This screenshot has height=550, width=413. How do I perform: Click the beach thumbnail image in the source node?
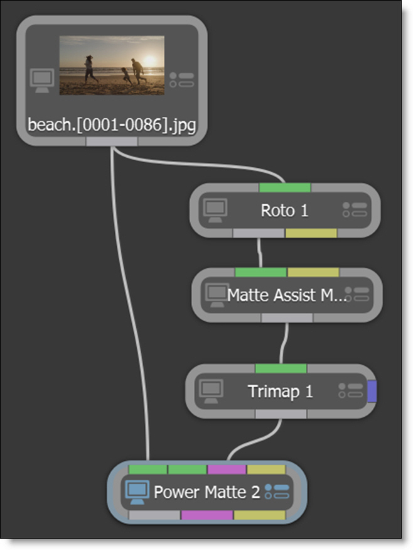[x=112, y=65]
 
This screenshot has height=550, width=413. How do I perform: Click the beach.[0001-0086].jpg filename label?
[x=112, y=125]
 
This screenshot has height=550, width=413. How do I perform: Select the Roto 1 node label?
[x=284, y=211]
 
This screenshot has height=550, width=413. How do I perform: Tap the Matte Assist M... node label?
[x=286, y=295]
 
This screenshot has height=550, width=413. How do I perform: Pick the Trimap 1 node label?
[x=281, y=392]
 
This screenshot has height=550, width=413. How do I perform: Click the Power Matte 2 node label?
[x=206, y=492]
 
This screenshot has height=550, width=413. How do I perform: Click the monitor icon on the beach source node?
[x=42, y=80]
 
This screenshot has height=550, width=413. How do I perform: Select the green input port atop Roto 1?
[x=284, y=187]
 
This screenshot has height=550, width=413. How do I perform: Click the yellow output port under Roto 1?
[x=311, y=233]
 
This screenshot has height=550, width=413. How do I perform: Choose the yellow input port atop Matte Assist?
[x=313, y=272]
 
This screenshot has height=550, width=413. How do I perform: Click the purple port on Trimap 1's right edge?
[x=372, y=391]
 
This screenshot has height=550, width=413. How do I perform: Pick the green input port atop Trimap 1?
[x=281, y=368]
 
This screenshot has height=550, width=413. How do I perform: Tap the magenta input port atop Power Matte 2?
[x=227, y=469]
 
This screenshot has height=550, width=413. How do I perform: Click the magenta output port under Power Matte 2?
[x=206, y=515]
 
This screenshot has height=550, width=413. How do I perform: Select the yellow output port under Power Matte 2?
[x=259, y=515]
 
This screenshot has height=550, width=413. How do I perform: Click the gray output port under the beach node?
[x=111, y=141]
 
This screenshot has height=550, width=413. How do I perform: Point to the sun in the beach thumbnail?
[x=150, y=61]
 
